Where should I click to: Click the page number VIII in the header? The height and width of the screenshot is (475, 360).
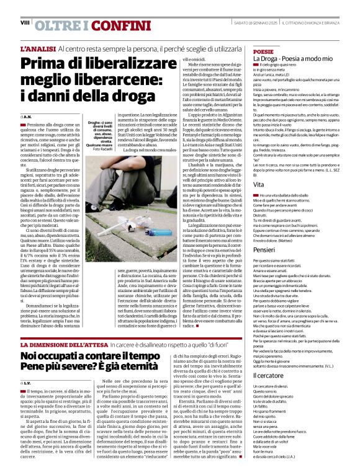click(x=25, y=22)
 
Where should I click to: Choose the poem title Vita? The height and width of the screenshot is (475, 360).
click(x=259, y=185)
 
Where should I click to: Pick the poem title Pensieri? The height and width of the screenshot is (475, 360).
click(x=264, y=249)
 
